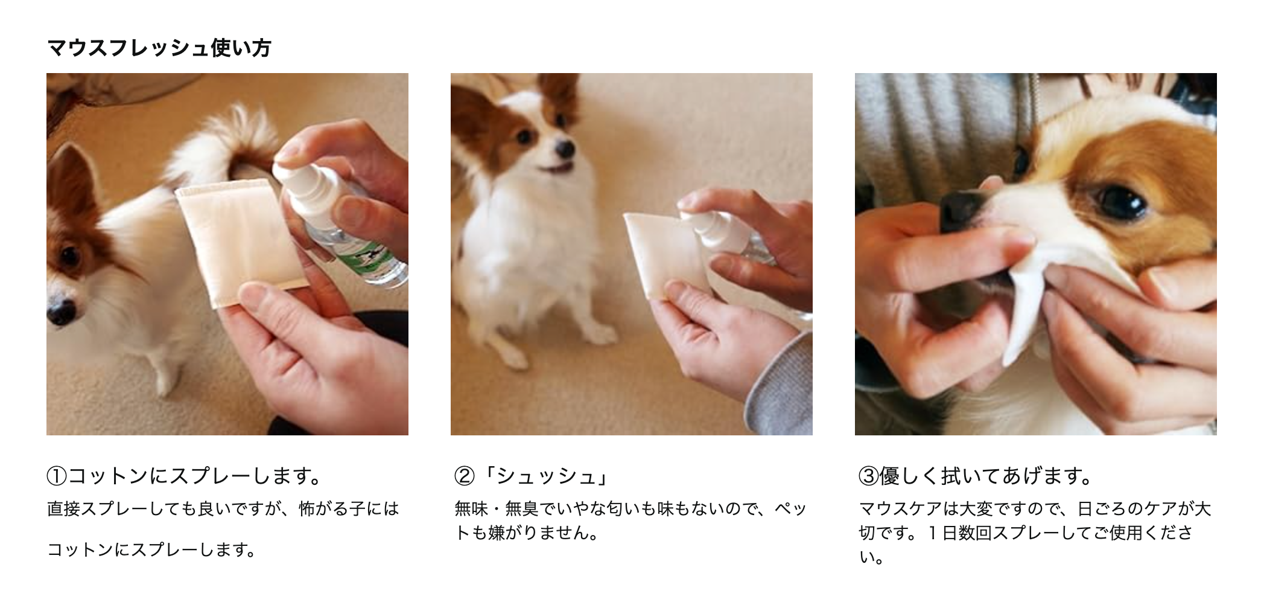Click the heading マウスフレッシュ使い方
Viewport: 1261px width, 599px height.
point(159,48)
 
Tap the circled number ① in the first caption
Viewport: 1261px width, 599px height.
point(56,476)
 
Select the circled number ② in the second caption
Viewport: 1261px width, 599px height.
point(464,476)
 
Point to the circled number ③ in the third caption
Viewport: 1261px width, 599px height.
point(868,476)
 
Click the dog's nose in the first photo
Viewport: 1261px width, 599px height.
point(61,312)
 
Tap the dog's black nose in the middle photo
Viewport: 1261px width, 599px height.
point(565,148)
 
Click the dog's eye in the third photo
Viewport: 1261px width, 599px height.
point(1119,202)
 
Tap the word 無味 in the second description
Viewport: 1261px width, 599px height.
point(471,509)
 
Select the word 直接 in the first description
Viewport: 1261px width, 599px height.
point(63,509)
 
